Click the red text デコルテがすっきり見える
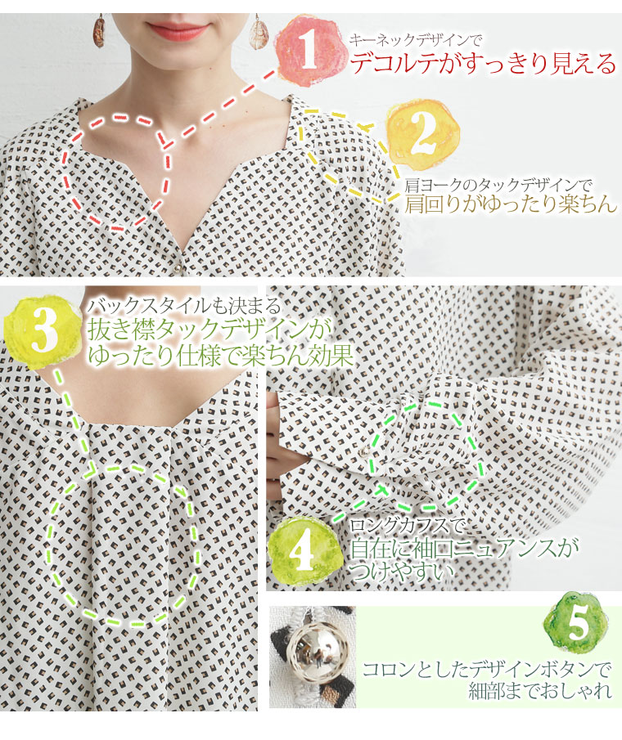pyautogui.click(x=483, y=64)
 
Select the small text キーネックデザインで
pyautogui.click(x=415, y=40)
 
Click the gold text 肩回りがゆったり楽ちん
pyautogui.click(x=511, y=204)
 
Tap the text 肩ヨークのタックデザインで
pyautogui.click(x=498, y=185)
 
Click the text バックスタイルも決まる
pyautogui.click(x=184, y=307)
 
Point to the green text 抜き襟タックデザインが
pyautogui.click(x=208, y=331)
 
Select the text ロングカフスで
pyautogui.click(x=407, y=526)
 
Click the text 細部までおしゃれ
pyautogui.click(x=540, y=692)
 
